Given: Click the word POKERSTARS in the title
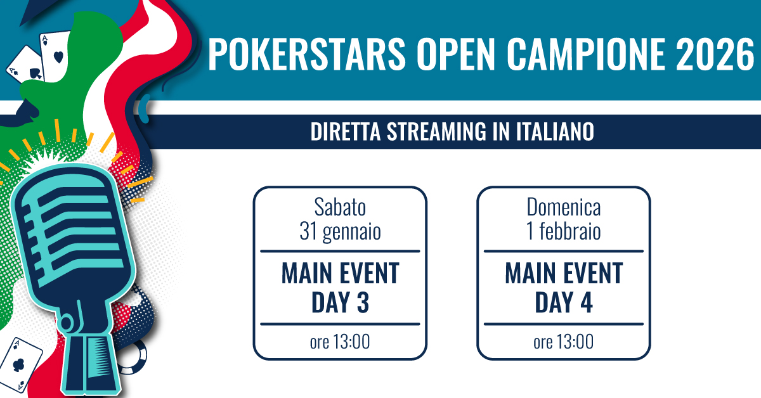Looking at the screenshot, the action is (x=307, y=54).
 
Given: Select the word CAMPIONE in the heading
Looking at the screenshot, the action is (x=586, y=54).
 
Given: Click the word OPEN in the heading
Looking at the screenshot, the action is (x=456, y=54).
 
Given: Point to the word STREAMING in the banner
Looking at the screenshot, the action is (x=436, y=131).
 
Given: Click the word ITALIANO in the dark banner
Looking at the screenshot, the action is (x=555, y=131).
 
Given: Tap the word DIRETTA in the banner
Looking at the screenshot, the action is (x=345, y=131).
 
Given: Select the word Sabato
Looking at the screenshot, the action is (x=340, y=207).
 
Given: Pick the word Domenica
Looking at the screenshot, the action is (x=564, y=207).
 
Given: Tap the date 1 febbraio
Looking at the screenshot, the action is (x=564, y=231).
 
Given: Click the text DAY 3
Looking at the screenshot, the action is (x=340, y=302).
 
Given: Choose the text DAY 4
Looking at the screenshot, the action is (x=564, y=302).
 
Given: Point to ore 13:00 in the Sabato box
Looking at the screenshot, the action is (x=340, y=342).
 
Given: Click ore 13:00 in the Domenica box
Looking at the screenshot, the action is (x=564, y=342).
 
